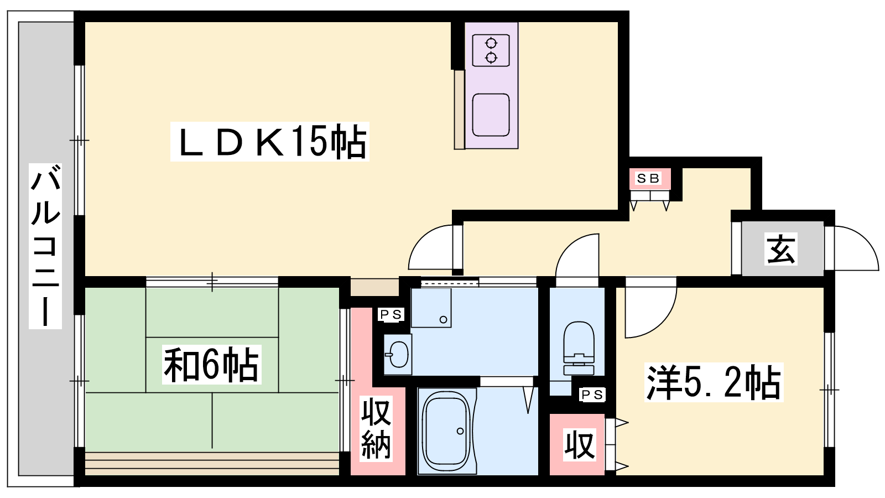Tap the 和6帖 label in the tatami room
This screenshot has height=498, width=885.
point(211,365)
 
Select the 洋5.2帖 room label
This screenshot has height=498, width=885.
point(714,382)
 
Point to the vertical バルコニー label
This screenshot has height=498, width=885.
point(45,246)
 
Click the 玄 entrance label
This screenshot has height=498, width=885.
point(780,249)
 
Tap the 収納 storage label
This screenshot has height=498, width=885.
point(376,428)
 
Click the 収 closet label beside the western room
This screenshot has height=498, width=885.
point(579,445)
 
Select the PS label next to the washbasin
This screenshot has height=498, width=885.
point(391,315)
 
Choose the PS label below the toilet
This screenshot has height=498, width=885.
point(592,395)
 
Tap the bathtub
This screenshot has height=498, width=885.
point(447,431)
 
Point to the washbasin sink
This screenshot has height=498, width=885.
point(398,354)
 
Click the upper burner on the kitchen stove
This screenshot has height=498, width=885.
point(491,43)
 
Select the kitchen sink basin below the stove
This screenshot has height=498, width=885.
point(491,115)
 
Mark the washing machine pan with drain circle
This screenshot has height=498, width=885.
point(431,308)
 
